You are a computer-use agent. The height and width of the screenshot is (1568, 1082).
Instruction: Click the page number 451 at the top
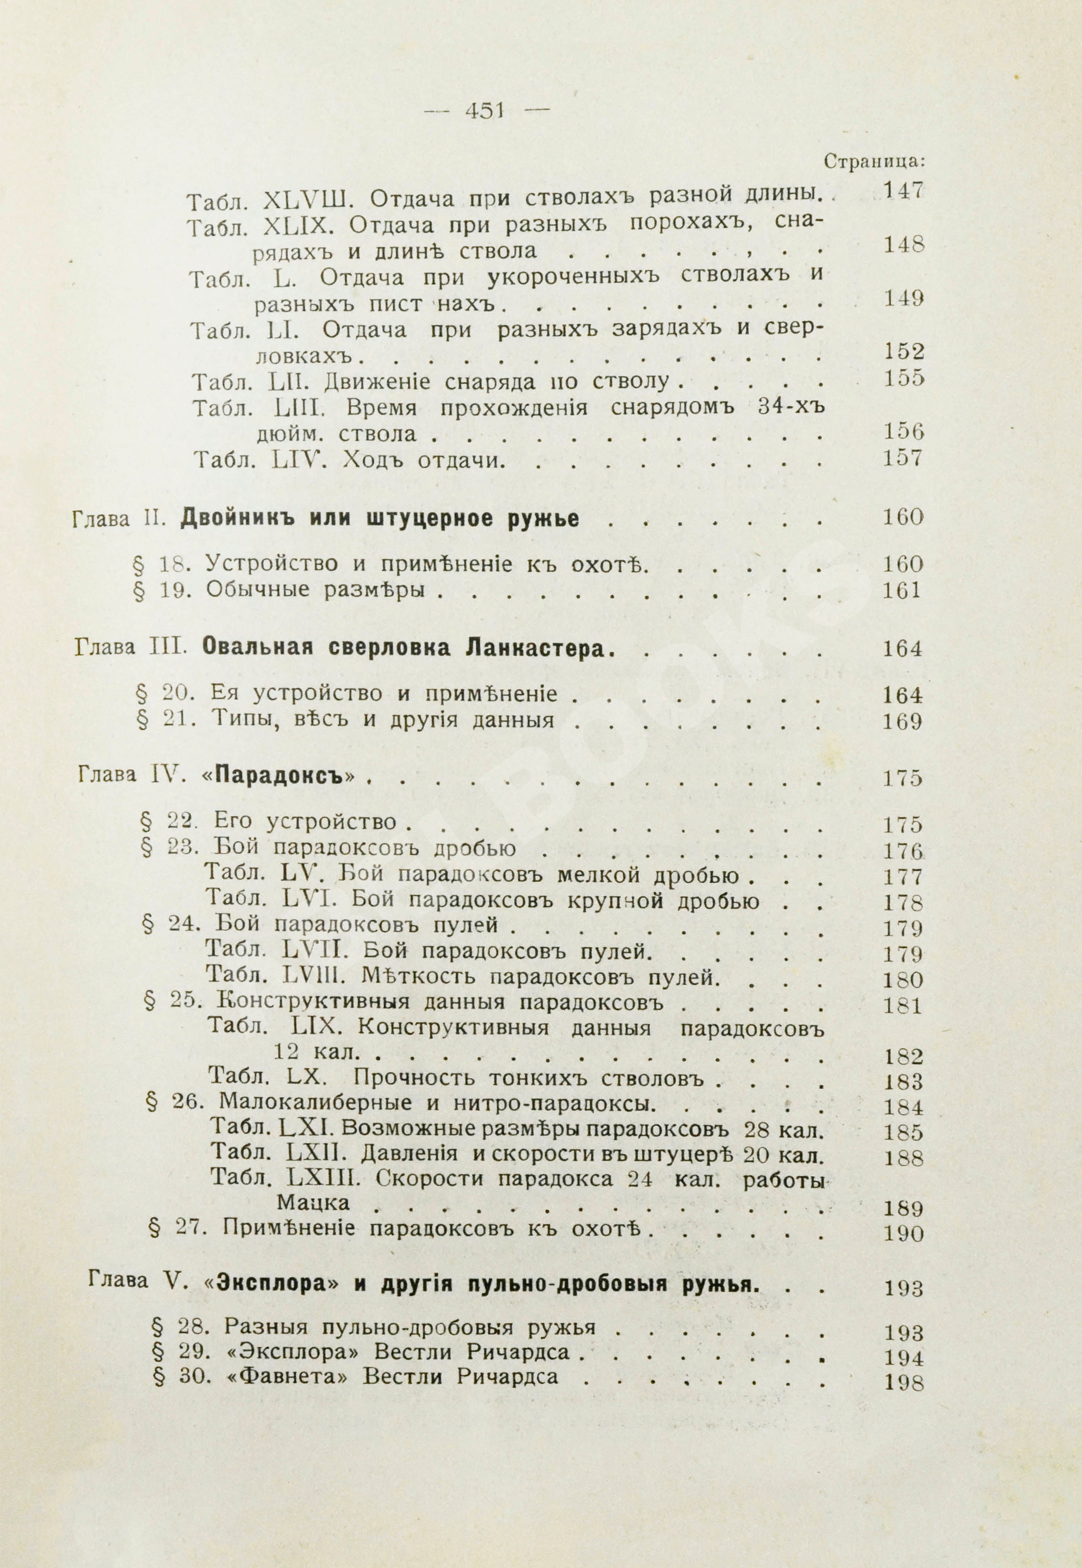(484, 110)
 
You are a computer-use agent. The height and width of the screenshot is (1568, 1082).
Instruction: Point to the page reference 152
(904, 351)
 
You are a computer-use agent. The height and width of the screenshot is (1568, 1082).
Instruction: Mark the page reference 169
(902, 721)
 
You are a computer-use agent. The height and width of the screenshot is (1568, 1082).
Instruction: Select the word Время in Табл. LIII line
(382, 408)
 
